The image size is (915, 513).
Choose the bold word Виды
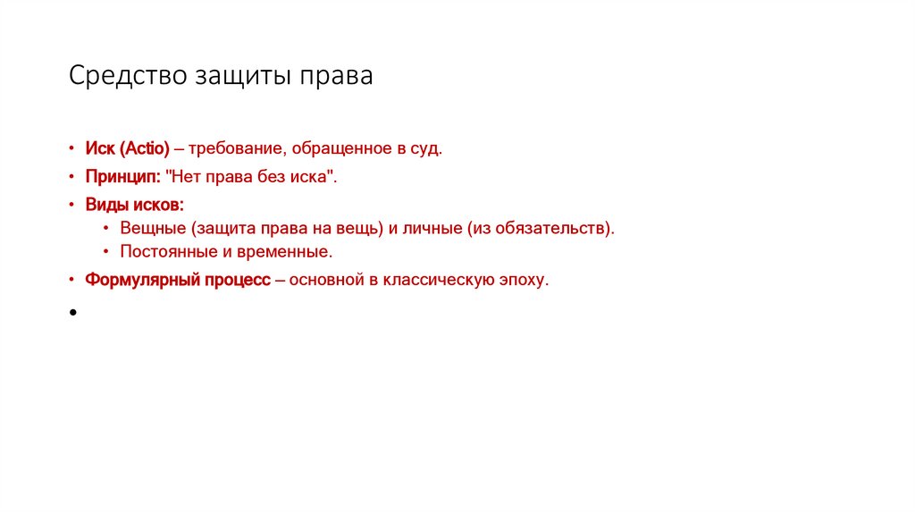[x=105, y=205]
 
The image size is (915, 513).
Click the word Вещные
[x=149, y=228]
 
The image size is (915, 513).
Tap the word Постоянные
[x=163, y=251]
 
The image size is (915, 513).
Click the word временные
[x=289, y=251]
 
